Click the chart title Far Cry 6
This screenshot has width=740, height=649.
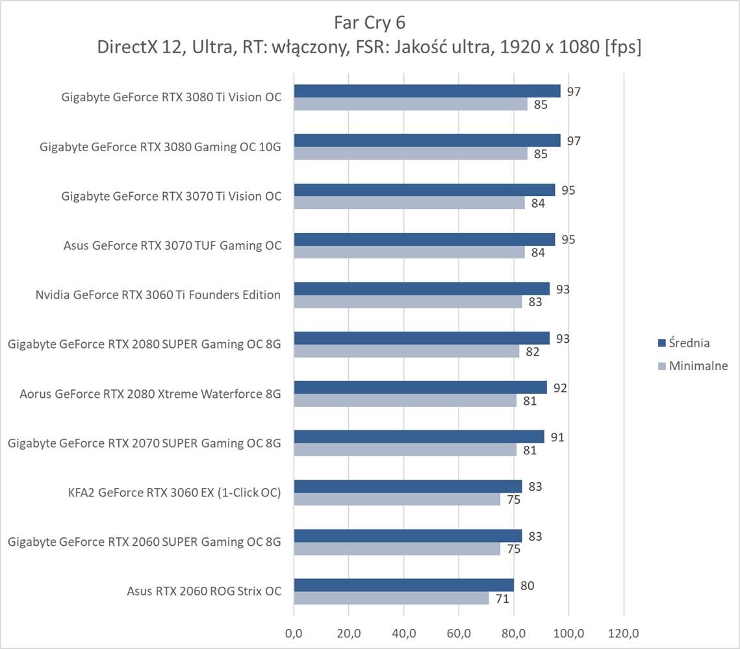[x=369, y=23]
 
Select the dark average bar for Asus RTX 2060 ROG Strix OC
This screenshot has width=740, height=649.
[x=403, y=585]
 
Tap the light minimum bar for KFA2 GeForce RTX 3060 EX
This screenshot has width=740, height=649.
[x=397, y=499]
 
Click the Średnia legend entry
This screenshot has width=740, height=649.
[x=690, y=343]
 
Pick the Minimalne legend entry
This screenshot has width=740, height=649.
[x=698, y=366]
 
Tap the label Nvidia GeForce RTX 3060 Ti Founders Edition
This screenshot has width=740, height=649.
[x=158, y=295]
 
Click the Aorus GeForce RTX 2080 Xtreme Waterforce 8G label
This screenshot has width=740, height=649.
[x=150, y=393]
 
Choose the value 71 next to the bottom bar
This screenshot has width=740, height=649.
[x=502, y=599]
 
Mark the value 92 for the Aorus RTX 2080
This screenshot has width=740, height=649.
[x=560, y=388]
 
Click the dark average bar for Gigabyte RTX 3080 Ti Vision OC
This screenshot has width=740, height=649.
[x=427, y=91]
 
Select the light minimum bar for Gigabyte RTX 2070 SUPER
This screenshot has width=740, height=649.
[x=405, y=450]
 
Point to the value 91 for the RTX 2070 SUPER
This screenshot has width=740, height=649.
[x=557, y=437]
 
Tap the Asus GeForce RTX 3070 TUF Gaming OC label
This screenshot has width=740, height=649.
[x=172, y=245]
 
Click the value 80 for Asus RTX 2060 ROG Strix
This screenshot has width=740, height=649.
[x=527, y=586]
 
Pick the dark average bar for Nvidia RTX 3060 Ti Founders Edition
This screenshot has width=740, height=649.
[x=422, y=289]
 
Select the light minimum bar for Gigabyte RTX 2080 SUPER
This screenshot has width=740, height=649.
[x=407, y=351]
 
